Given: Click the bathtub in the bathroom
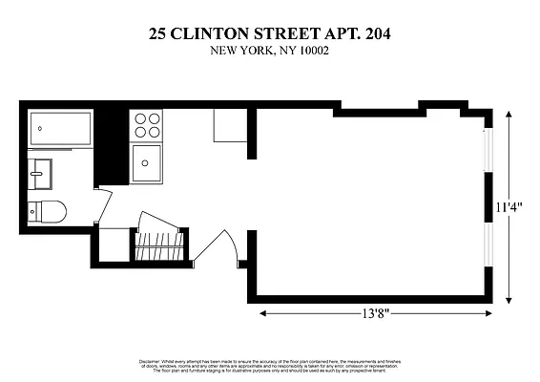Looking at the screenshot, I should tap(60, 128).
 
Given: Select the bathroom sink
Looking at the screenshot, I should tap(40, 174).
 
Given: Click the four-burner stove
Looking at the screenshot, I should tap(147, 125).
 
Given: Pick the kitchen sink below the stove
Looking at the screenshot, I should tap(147, 162).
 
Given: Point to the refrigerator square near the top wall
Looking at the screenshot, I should tap(229, 126).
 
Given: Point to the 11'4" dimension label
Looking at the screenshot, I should tap(509, 206).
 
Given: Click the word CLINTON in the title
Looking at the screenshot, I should tap(218, 33).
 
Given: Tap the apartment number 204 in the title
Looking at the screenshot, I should tap(372, 33).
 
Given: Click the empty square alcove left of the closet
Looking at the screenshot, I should tap(114, 245).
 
